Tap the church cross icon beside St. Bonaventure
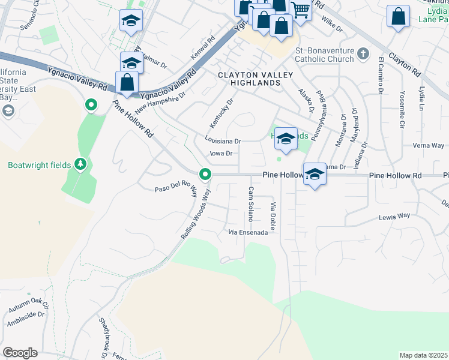click(x=362, y=55)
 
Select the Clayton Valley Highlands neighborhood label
click(x=255, y=79)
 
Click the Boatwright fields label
click(x=40, y=165)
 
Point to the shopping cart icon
click(x=300, y=8)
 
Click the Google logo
click(x=20, y=353)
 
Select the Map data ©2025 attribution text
click(x=423, y=355)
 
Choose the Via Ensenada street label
click(x=247, y=232)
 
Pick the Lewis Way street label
click(x=394, y=215)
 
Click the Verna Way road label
click(x=429, y=146)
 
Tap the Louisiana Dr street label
click(x=222, y=142)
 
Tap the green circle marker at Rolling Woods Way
click(x=205, y=175)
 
